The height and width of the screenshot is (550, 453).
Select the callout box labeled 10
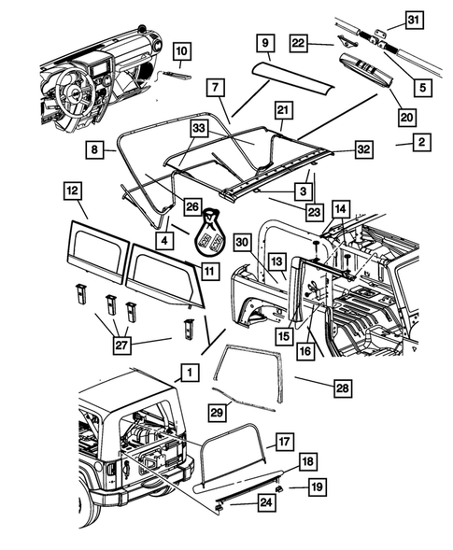[x=181, y=50]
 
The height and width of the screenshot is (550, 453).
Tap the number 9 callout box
[x=264, y=43]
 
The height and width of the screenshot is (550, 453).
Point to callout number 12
[x=72, y=191]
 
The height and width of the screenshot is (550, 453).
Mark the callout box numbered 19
[x=318, y=487]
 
